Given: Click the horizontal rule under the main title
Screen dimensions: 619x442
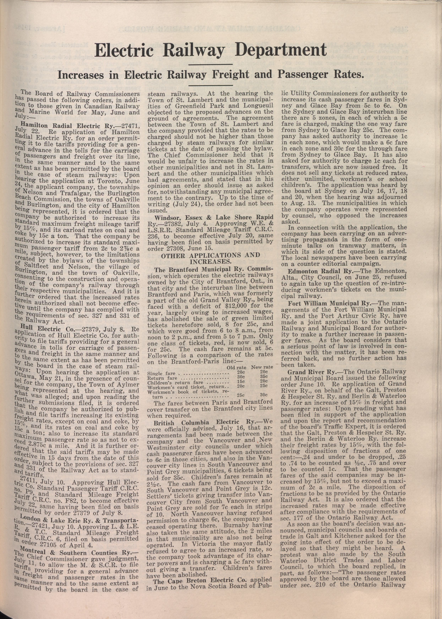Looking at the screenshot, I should point(210,64).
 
